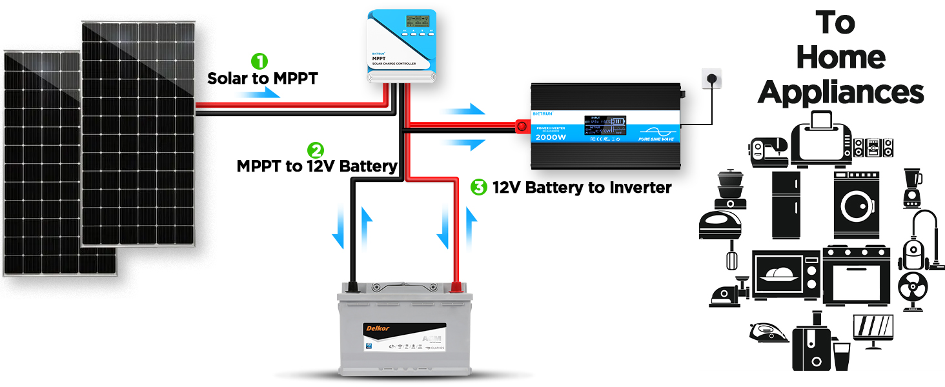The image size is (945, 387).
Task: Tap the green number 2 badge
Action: (x=315, y=150)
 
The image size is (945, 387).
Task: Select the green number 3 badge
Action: (x=478, y=188)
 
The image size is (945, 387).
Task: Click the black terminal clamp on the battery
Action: (x=352, y=286)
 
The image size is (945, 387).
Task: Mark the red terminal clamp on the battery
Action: (x=456, y=286)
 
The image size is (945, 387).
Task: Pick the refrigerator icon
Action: (x=786, y=204)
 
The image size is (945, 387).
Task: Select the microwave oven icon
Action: (x=787, y=274)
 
